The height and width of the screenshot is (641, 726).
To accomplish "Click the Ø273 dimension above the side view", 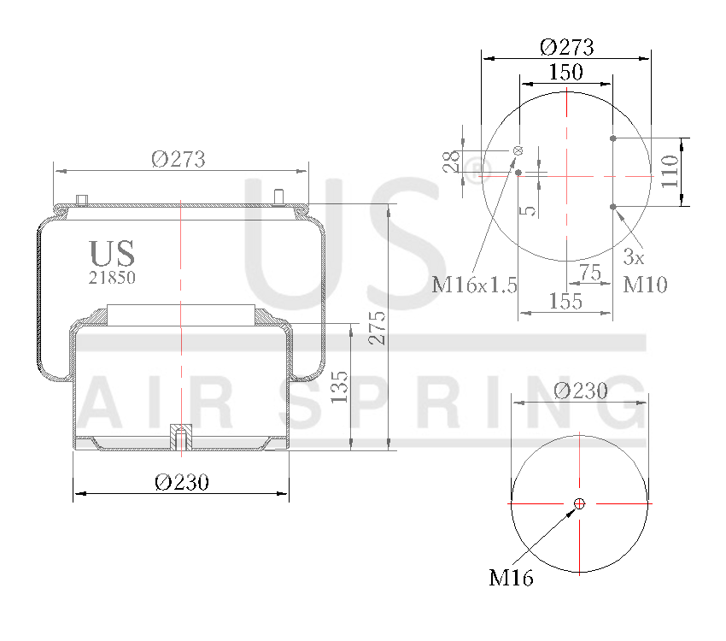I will pyautogui.click(x=179, y=158).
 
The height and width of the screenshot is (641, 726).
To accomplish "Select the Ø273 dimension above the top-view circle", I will pyautogui.click(x=566, y=46).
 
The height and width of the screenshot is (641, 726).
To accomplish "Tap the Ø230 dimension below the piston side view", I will pyautogui.click(x=182, y=482).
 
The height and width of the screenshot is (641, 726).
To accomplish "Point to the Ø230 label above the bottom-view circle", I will pyautogui.click(x=581, y=391).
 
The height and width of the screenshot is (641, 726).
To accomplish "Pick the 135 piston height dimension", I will pyautogui.click(x=339, y=387).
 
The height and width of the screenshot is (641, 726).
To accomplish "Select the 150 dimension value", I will pyautogui.click(x=565, y=73).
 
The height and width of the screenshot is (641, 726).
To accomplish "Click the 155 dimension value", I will pyautogui.click(x=565, y=301).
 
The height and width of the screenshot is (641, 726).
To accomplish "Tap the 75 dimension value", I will pyautogui.click(x=590, y=272).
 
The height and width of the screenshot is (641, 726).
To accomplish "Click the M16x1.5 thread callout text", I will pyautogui.click(x=474, y=285).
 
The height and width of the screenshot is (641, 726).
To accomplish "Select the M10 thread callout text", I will pyautogui.click(x=645, y=285).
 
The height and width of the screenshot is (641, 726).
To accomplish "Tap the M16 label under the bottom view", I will pyautogui.click(x=511, y=579).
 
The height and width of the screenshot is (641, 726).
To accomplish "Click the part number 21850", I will pyautogui.click(x=112, y=277).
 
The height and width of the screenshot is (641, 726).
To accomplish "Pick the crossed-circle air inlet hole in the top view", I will pyautogui.click(x=518, y=151).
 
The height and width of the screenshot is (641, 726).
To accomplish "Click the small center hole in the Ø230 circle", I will pyautogui.click(x=579, y=503).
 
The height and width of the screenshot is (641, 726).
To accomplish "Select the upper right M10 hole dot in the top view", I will pyautogui.click(x=613, y=138).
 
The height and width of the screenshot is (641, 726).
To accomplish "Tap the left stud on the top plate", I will pyautogui.click(x=82, y=200).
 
